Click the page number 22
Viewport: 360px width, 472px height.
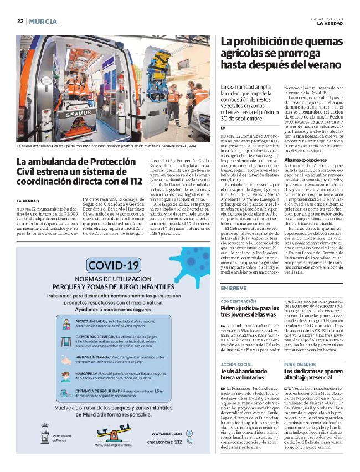pyautogui.click(x=19, y=22)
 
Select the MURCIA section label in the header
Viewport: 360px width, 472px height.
pyautogui.click(x=43, y=22)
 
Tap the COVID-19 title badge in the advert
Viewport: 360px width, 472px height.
pyautogui.click(x=114, y=265)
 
